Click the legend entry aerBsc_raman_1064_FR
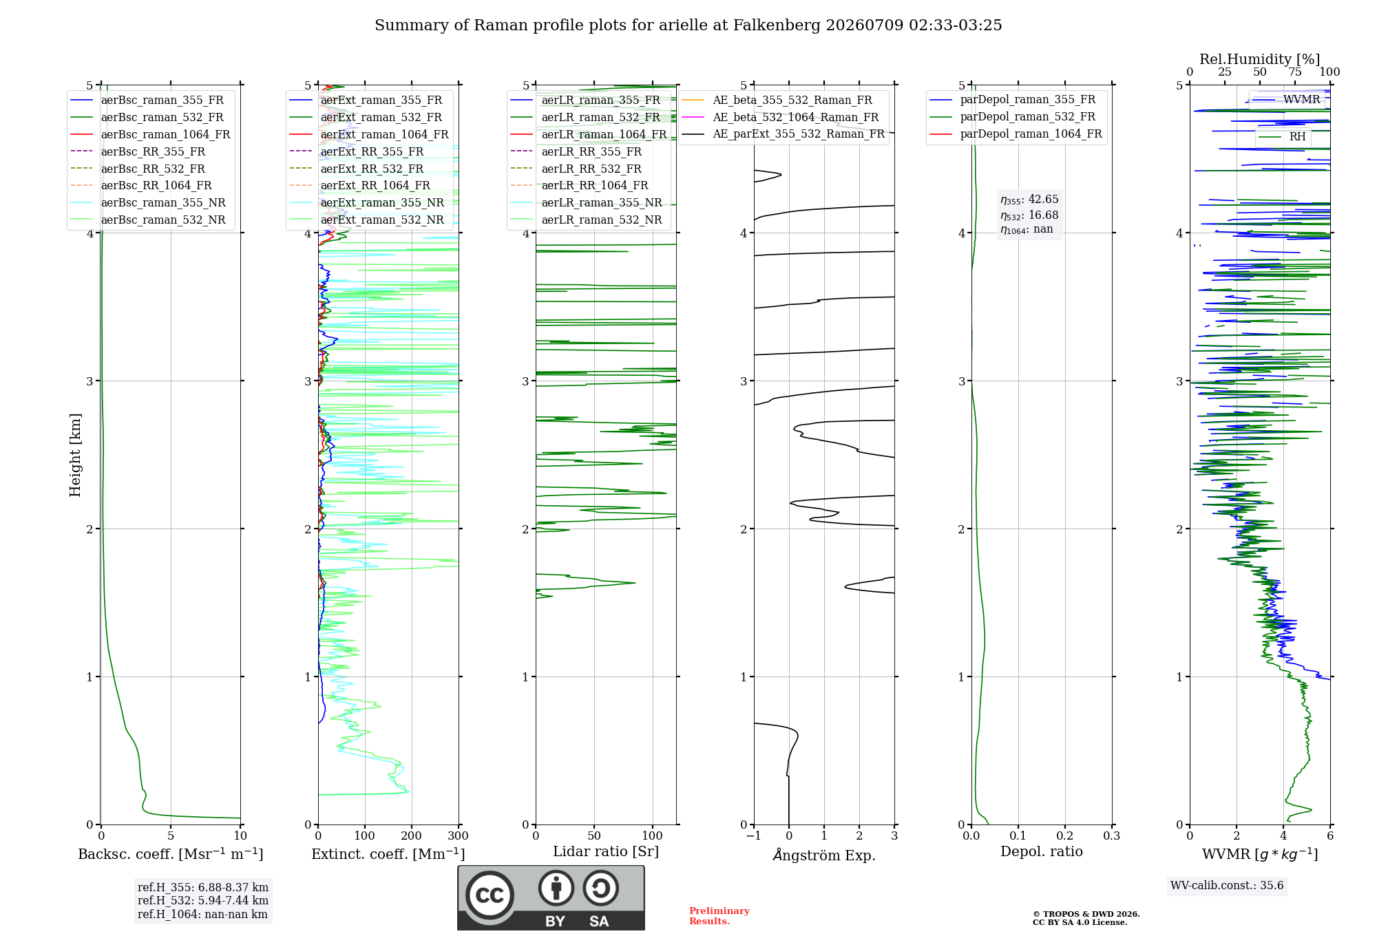(150, 134)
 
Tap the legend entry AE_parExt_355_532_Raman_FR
(783, 134)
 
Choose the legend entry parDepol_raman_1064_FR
(1016, 134)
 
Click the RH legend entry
(1282, 137)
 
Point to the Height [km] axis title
(75, 455)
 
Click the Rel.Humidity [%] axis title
(1260, 59)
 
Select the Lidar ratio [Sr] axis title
(606, 851)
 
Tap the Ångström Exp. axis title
(824, 855)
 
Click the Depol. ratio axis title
(1042, 851)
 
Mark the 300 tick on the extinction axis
(458, 836)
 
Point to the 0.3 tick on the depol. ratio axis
(1111, 836)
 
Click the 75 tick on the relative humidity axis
(1295, 72)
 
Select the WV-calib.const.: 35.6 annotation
(1227, 886)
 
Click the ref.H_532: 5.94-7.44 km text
(203, 900)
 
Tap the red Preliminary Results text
(719, 916)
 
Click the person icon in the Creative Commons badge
(556, 888)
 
